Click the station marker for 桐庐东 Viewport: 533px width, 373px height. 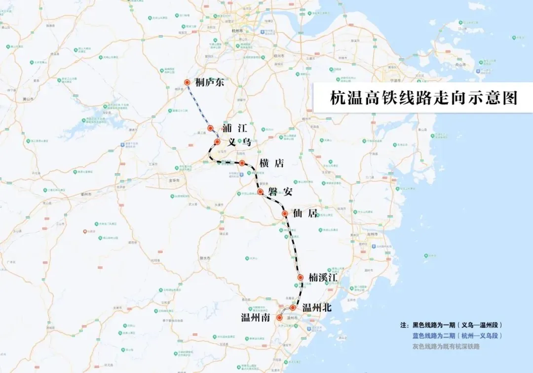[187, 83]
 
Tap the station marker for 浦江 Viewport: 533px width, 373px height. [210, 128]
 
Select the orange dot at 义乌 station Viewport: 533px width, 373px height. [217, 142]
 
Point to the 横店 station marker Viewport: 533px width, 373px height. [242, 163]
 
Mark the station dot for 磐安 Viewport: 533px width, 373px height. [260, 191]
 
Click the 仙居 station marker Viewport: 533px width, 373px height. [285, 213]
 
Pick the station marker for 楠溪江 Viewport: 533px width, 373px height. [300, 278]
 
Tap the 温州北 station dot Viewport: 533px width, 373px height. [293, 307]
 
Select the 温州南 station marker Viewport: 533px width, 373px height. [279, 318]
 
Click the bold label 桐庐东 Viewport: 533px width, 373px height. [210, 83]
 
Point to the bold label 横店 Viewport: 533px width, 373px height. [271, 164]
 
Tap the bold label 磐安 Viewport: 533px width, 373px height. [280, 192]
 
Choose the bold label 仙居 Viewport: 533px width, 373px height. [306, 214]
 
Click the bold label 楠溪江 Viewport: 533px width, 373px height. [323, 278]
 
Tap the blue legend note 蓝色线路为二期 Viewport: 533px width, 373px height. [457, 336]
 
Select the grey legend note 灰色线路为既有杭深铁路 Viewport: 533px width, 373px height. [446, 346]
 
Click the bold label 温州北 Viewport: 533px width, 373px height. [316, 307]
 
